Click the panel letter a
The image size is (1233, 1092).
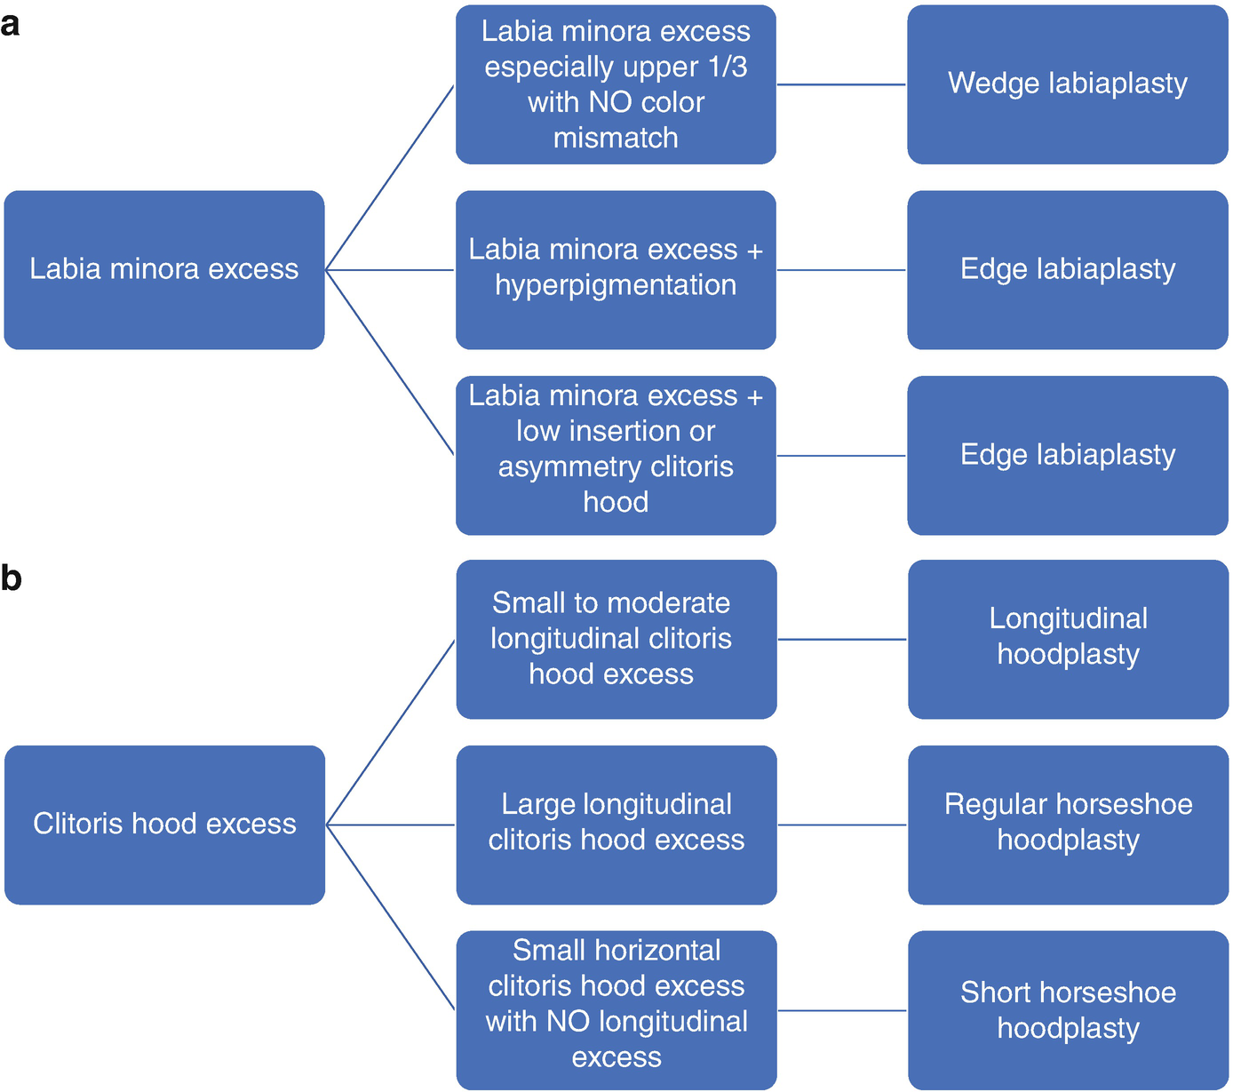(x=10, y=25)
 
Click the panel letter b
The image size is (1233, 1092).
(x=11, y=578)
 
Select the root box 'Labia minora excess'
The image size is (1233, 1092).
(x=164, y=269)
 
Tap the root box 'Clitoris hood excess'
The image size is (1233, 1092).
(x=164, y=825)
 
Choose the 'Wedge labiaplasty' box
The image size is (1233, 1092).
(x=1067, y=84)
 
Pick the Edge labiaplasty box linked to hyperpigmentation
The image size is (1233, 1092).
(x=1067, y=269)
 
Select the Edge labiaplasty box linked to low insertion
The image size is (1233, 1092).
(x=1067, y=455)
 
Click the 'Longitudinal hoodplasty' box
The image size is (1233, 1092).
(x=1068, y=639)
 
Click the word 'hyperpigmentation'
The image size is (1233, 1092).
(x=616, y=285)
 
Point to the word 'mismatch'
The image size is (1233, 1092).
(x=616, y=138)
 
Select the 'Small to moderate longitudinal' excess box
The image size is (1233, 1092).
(x=616, y=639)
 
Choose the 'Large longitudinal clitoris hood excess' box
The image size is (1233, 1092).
(x=616, y=825)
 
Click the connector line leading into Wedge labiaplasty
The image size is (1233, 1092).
(x=841, y=84)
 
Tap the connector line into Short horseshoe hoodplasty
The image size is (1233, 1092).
(x=842, y=1010)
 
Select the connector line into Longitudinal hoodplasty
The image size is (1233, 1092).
(x=842, y=639)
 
